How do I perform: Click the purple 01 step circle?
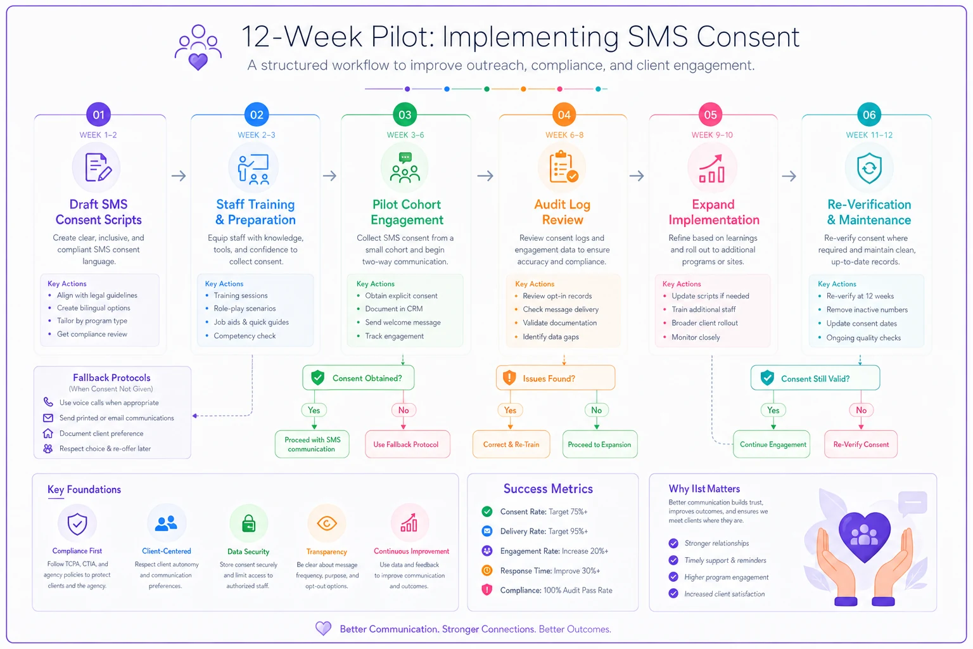(99, 115)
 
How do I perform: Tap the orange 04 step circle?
(564, 115)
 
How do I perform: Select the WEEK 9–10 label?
(712, 135)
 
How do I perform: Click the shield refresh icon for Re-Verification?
(869, 168)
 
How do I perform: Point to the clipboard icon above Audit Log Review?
(563, 167)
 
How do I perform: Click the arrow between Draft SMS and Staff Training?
(179, 176)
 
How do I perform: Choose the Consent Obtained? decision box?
(359, 378)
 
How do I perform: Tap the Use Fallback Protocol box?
(407, 444)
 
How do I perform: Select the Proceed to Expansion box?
(600, 444)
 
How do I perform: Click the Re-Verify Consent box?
(861, 444)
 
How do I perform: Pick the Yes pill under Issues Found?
(510, 410)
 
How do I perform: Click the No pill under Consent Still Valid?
(861, 410)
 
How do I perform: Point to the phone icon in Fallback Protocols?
(48, 402)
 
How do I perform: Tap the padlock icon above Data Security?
(248, 523)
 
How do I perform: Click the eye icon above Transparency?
(327, 523)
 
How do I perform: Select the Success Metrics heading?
(548, 489)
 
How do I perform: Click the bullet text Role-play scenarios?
(245, 308)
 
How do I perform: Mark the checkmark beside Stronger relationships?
(673, 543)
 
